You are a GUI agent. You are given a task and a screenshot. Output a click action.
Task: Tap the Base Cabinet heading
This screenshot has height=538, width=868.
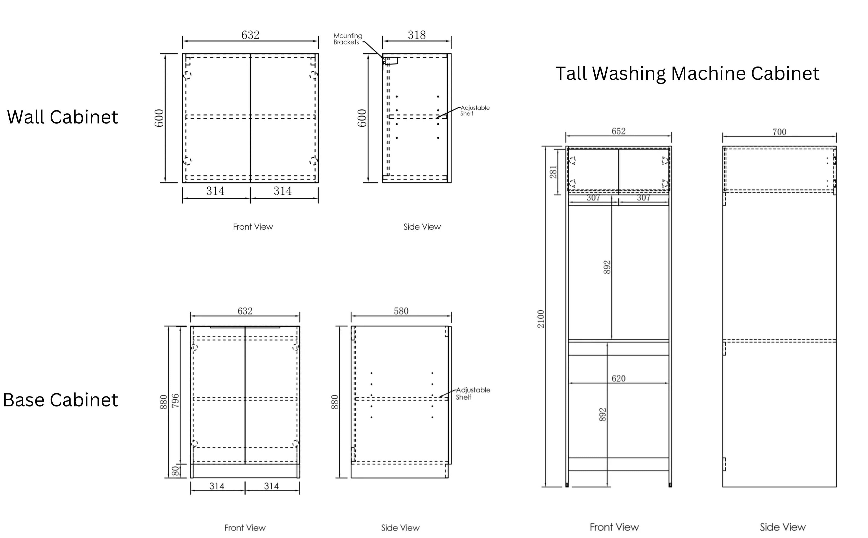pyautogui.click(x=61, y=400)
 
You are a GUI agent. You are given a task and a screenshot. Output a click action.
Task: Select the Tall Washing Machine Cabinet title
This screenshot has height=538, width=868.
pyautogui.click(x=687, y=73)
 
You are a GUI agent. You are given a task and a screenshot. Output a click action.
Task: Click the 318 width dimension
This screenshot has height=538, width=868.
pyautogui.click(x=417, y=35)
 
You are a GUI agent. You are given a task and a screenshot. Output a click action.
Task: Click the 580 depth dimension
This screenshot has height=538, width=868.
pyautogui.click(x=401, y=311)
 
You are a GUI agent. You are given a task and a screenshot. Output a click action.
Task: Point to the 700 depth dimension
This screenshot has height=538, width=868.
pyautogui.click(x=779, y=132)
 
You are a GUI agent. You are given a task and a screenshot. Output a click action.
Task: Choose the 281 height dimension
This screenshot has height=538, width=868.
pyautogui.click(x=553, y=172)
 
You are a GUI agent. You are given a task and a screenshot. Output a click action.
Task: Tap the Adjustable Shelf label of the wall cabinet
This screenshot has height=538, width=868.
pyautogui.click(x=475, y=111)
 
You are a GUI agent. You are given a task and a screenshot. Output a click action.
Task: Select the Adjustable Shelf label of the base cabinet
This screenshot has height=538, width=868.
pyautogui.click(x=473, y=393)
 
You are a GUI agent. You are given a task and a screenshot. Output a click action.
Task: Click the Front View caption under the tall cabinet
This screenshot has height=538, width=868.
pyautogui.click(x=614, y=527)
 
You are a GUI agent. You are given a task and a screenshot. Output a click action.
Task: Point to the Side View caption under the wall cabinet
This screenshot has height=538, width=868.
pyautogui.click(x=422, y=227)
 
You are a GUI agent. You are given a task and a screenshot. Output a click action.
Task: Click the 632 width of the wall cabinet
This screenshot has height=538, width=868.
pyautogui.click(x=250, y=35)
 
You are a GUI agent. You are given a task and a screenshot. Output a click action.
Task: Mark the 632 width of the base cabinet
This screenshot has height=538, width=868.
pyautogui.click(x=245, y=311)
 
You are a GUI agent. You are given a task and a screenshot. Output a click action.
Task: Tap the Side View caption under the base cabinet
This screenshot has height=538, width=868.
pyautogui.click(x=400, y=528)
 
